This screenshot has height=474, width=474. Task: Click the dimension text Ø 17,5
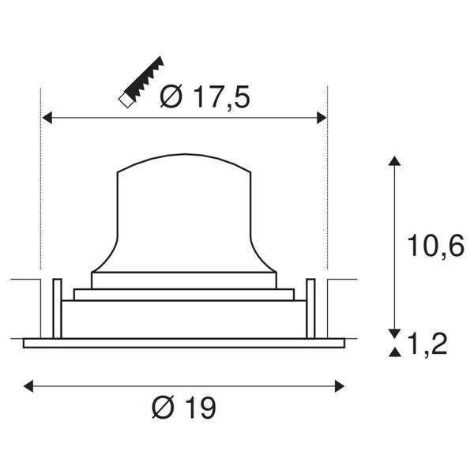click(x=205, y=96)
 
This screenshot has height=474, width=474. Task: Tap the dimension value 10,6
click(x=435, y=246)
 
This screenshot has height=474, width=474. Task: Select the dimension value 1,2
click(x=427, y=344)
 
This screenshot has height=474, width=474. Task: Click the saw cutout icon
click(x=141, y=82)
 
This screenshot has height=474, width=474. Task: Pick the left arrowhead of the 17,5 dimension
click(x=47, y=117)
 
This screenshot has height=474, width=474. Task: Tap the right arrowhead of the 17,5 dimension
click(x=322, y=117)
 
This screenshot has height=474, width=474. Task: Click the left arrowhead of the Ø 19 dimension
click(x=28, y=386)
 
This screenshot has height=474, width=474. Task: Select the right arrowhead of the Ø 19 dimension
click(x=340, y=386)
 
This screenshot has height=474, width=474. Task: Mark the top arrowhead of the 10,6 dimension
click(x=394, y=161)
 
